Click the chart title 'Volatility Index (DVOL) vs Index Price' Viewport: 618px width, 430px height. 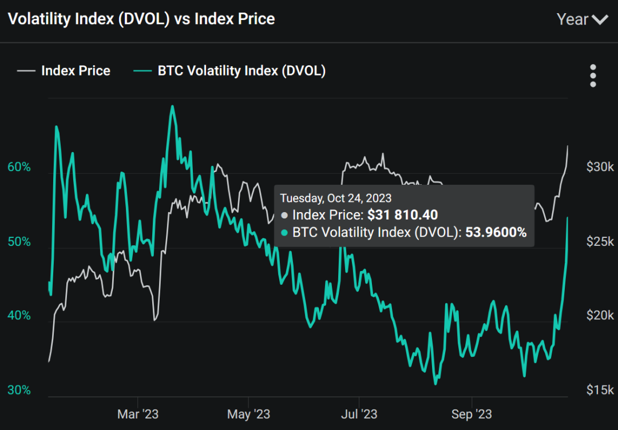coord(141,19)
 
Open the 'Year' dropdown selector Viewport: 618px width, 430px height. coord(581,19)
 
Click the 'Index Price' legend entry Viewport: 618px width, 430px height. coord(76,71)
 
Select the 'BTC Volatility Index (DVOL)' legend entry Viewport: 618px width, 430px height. coord(241,71)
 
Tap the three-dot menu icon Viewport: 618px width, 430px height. coord(593,75)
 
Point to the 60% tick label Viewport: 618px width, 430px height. coord(19,167)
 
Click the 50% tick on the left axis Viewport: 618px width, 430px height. coord(19,241)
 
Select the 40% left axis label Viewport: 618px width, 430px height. coord(19,316)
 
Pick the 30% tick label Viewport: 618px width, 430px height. coord(19,390)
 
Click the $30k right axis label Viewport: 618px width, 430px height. coord(600,167)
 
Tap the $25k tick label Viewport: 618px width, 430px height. coord(600,241)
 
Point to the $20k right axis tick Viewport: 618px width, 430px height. coord(600,316)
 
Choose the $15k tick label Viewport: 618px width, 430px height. coord(600,390)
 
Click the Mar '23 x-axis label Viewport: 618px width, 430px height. coord(138,414)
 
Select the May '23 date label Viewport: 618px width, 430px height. coord(248,414)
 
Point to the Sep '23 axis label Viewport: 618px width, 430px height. coord(472,414)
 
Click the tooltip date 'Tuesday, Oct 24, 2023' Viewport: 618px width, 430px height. coord(335,198)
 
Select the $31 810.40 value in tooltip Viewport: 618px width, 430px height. coord(402,215)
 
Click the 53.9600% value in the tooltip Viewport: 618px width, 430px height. coord(494,232)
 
